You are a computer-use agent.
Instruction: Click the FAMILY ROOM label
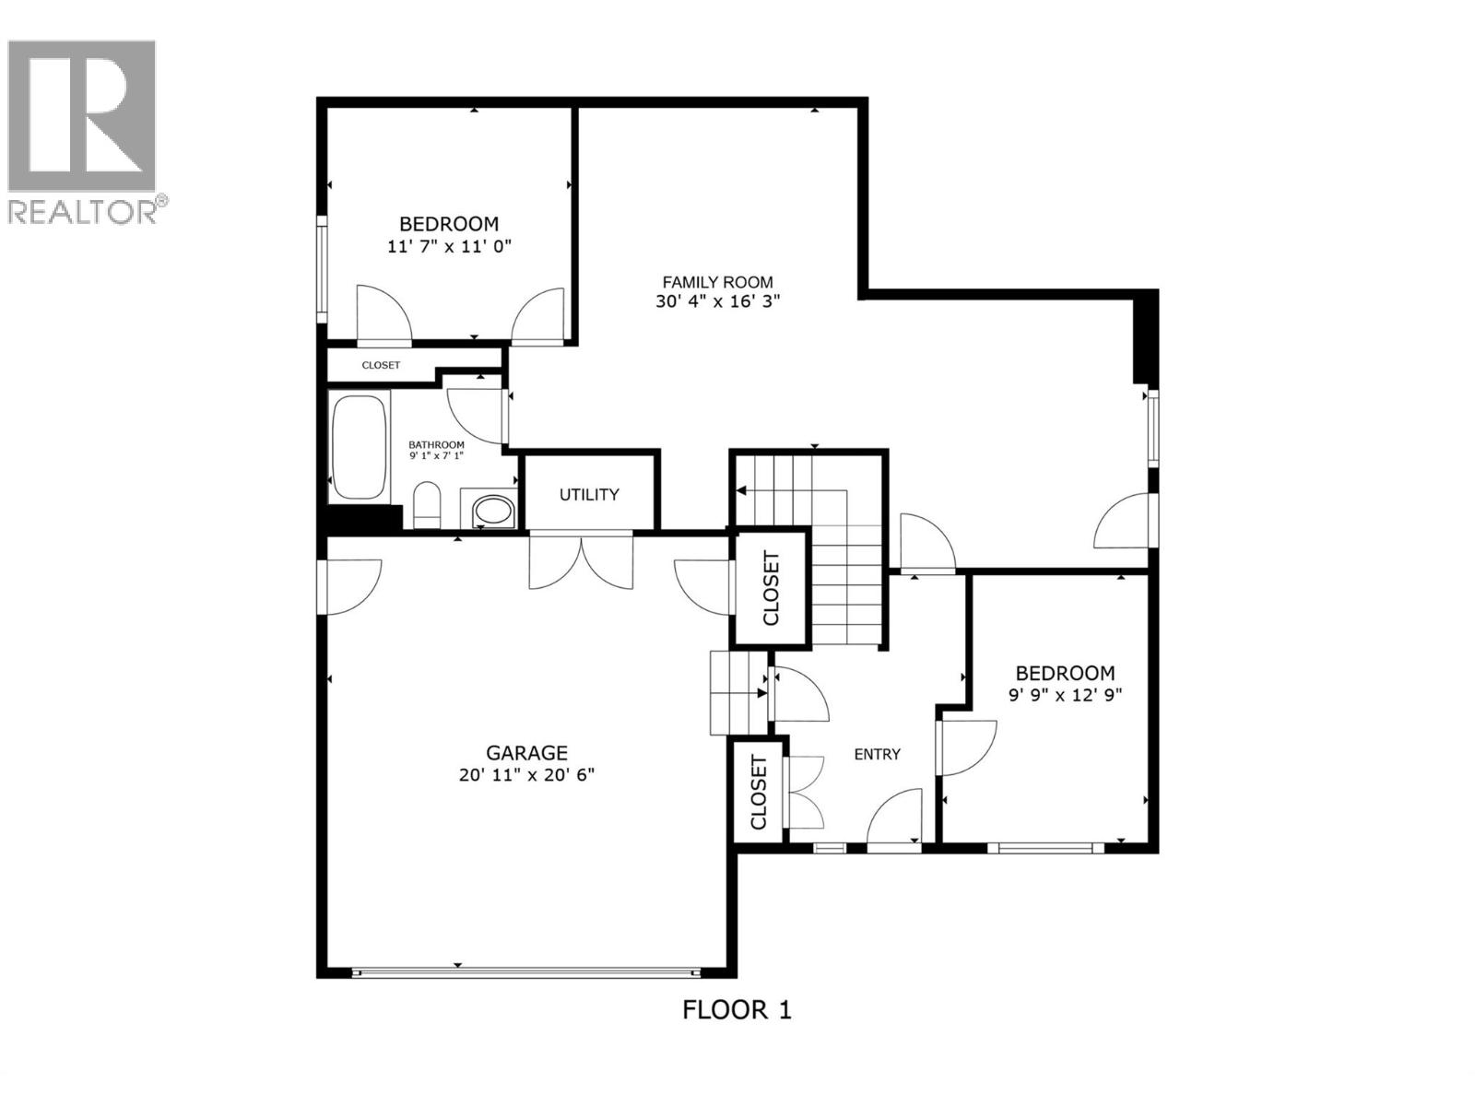tap(718, 282)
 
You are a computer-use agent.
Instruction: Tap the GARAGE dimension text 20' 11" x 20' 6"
tap(526, 775)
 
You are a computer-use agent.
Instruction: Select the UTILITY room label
tap(589, 495)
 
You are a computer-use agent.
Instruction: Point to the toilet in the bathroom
tap(427, 507)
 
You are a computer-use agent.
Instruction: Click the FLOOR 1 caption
tap(737, 1010)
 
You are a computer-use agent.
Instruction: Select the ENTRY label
tap(877, 754)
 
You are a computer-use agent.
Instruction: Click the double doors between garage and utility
tap(581, 560)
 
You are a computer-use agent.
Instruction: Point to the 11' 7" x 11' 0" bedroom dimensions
tap(449, 246)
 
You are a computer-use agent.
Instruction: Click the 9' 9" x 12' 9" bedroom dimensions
tap(1065, 696)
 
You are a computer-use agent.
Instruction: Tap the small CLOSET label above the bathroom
tap(381, 365)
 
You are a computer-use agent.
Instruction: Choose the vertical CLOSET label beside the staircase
tap(771, 588)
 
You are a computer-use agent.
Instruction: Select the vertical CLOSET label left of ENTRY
tap(759, 792)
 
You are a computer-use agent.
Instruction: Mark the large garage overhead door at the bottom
tap(525, 971)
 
